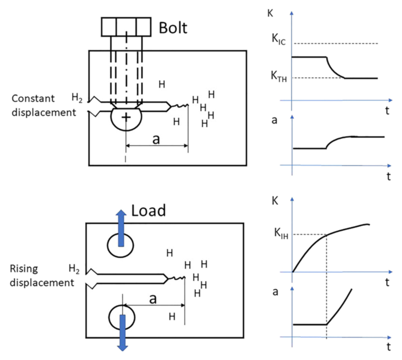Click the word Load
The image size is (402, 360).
tap(148, 210)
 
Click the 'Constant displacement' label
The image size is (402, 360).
tap(43, 106)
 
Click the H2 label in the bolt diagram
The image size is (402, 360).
tap(77, 98)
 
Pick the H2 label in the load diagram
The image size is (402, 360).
tap(73, 267)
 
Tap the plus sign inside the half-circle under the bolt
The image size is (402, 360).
tap(126, 117)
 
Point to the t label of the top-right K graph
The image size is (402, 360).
tap(387, 111)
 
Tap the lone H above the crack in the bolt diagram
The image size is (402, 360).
tap(162, 85)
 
